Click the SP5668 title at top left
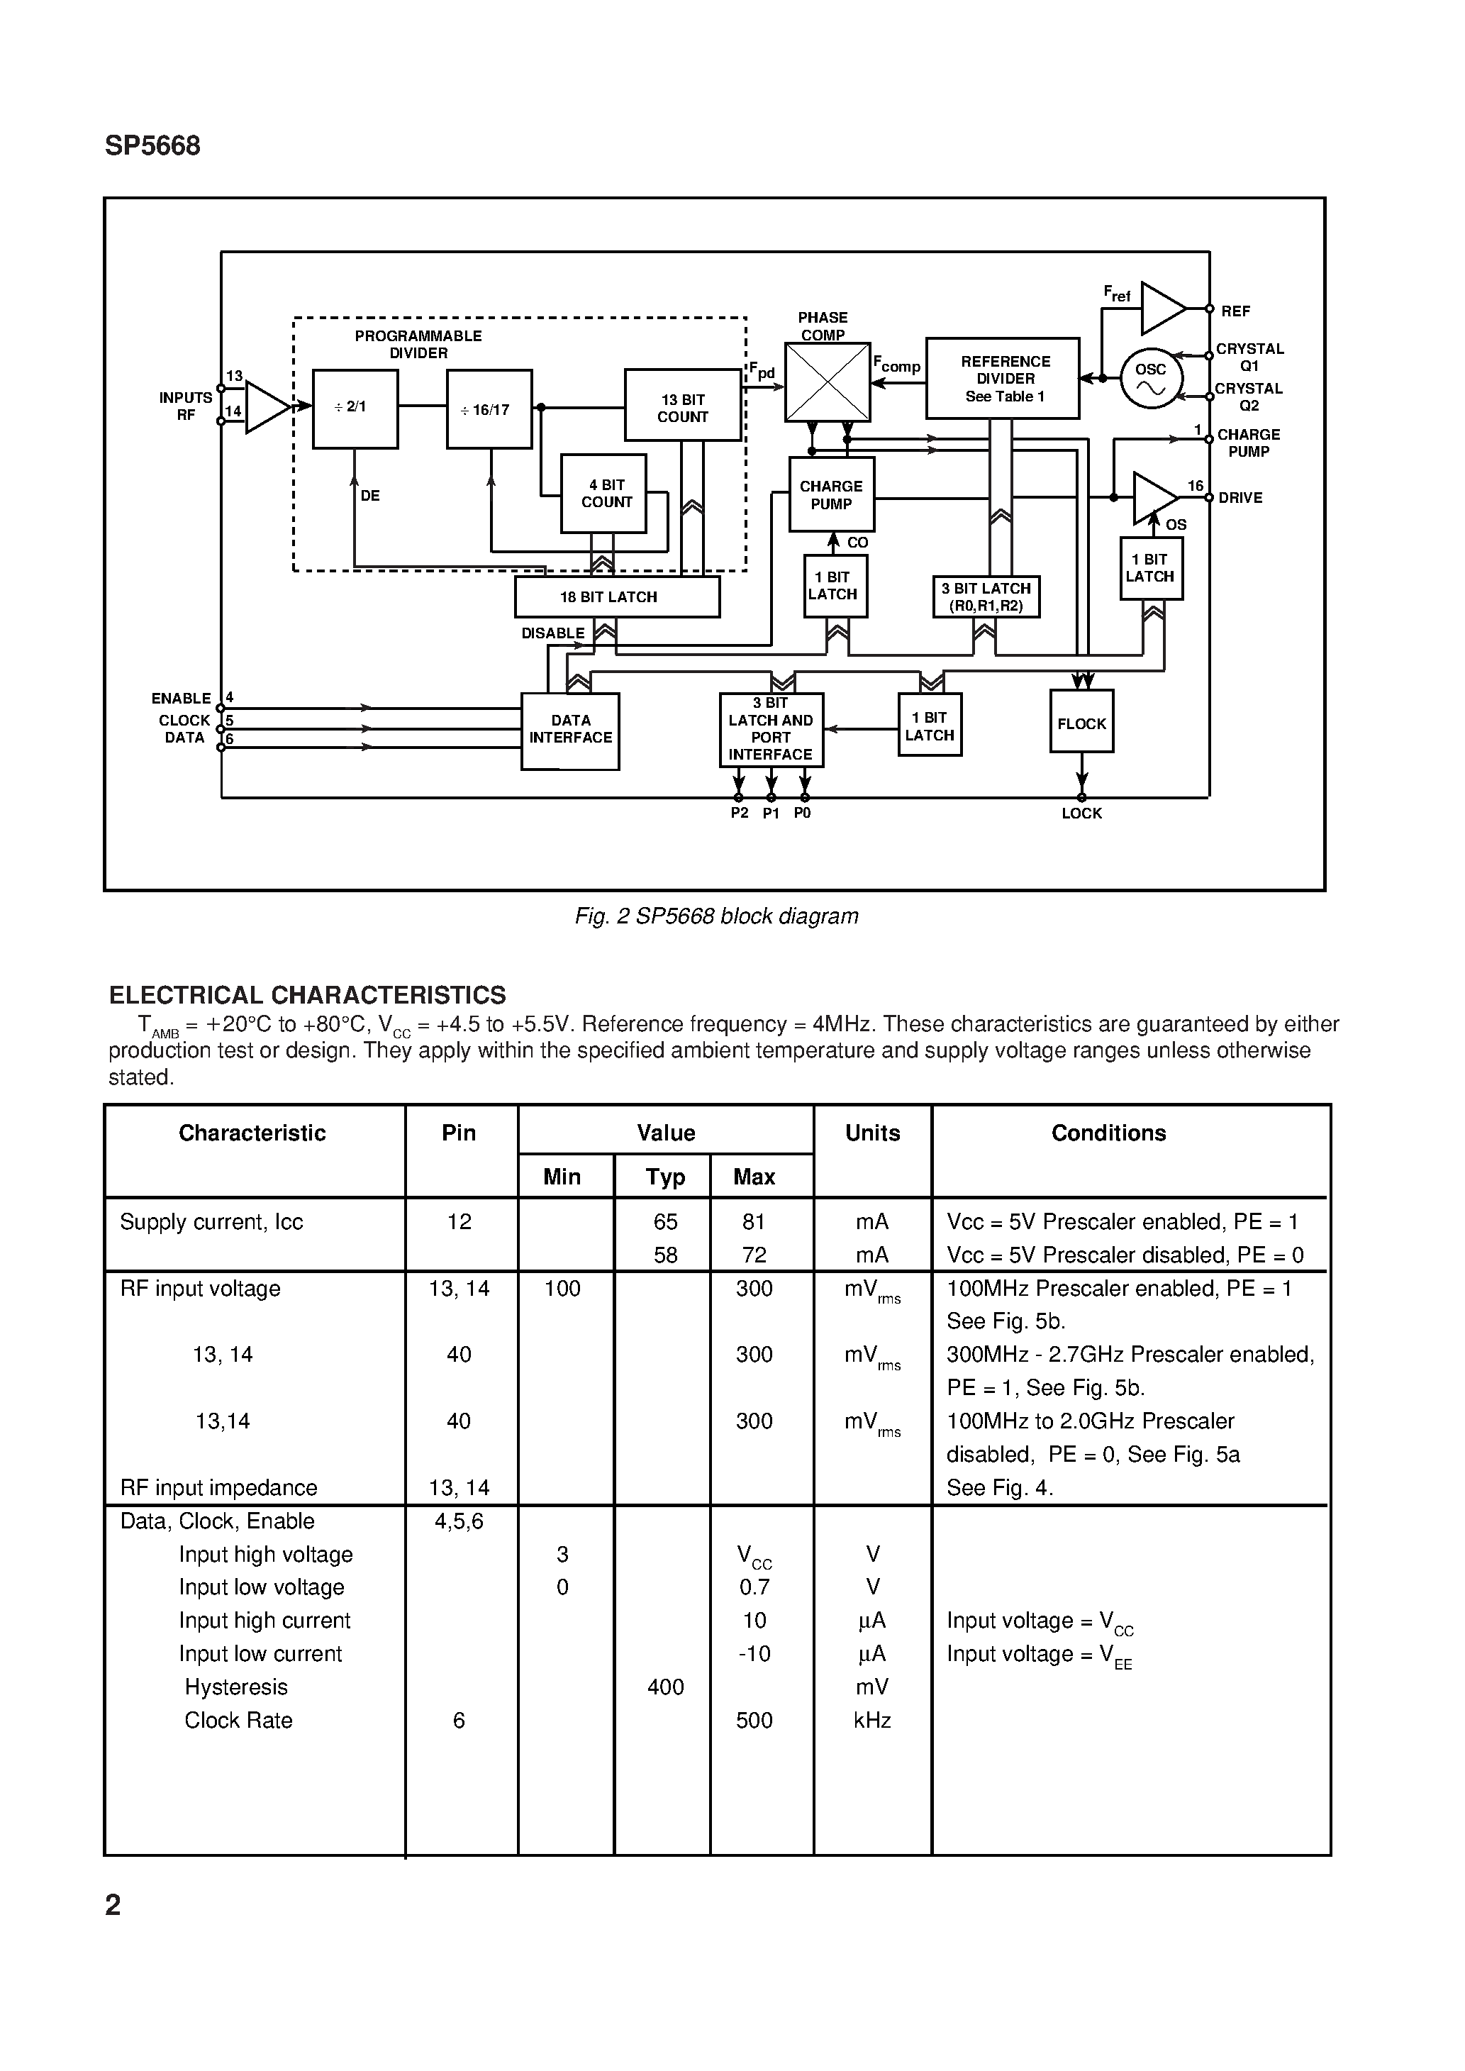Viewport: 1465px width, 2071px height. [x=152, y=146]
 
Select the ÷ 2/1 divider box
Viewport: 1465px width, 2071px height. [x=355, y=409]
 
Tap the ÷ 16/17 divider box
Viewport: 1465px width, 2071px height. [x=489, y=409]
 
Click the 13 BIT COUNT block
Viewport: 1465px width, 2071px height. [x=683, y=405]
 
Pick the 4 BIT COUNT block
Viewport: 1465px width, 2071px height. [x=603, y=494]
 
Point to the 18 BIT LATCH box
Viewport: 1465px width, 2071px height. [x=617, y=597]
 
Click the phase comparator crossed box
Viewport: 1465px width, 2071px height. [x=828, y=382]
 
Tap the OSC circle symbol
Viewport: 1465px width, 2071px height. [x=1150, y=379]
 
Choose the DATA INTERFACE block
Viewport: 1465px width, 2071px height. [x=570, y=731]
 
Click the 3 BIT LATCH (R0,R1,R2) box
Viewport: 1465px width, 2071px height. [x=986, y=597]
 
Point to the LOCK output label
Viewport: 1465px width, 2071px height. [x=1081, y=814]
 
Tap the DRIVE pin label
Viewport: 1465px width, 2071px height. [x=1240, y=498]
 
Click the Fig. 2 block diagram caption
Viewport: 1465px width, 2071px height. [x=716, y=916]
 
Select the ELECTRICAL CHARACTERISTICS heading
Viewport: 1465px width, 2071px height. [x=308, y=995]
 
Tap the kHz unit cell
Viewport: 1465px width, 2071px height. [x=872, y=1720]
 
